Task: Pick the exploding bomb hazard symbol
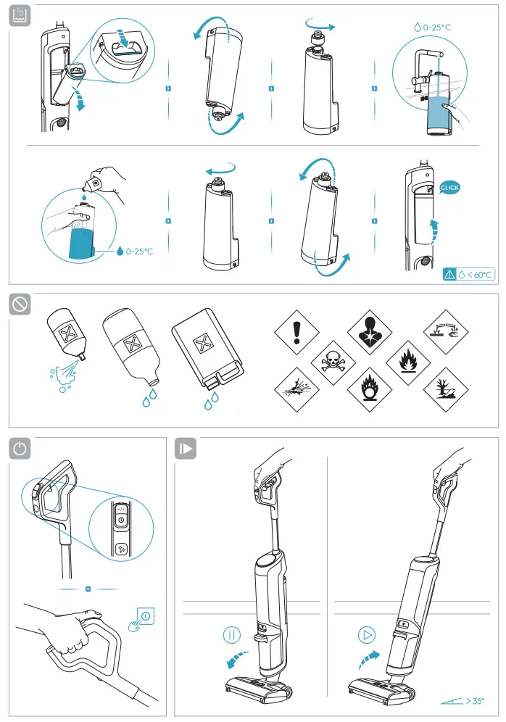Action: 296,387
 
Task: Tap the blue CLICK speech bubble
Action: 449,188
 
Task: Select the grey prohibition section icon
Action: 20,304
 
